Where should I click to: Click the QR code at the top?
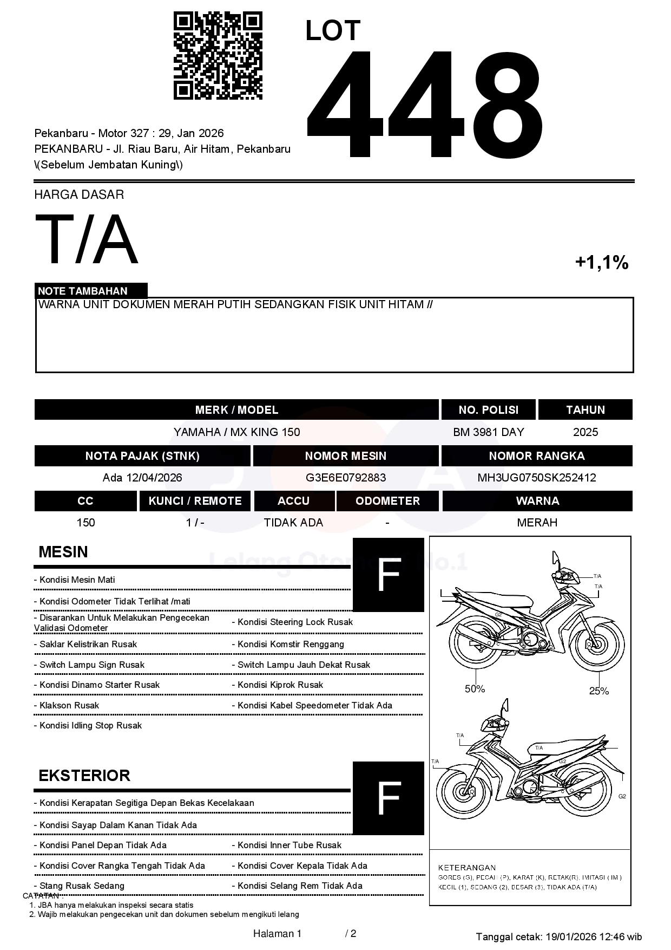click(218, 56)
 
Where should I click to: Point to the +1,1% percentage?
click(601, 263)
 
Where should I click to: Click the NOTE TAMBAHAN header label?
click(83, 291)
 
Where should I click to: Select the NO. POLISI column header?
click(488, 410)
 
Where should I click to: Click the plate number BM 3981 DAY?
click(488, 432)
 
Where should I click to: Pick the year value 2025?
click(586, 432)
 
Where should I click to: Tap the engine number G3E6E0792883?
click(346, 478)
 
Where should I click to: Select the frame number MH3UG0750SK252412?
click(537, 478)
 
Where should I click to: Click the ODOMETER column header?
click(387, 501)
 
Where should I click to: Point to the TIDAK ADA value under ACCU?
click(293, 523)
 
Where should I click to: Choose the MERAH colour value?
click(537, 523)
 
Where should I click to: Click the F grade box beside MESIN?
click(388, 575)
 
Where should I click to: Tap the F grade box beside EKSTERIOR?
click(388, 798)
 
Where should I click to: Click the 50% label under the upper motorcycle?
click(475, 689)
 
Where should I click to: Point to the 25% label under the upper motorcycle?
click(599, 691)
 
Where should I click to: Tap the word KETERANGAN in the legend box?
click(466, 867)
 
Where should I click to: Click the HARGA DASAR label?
click(79, 194)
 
